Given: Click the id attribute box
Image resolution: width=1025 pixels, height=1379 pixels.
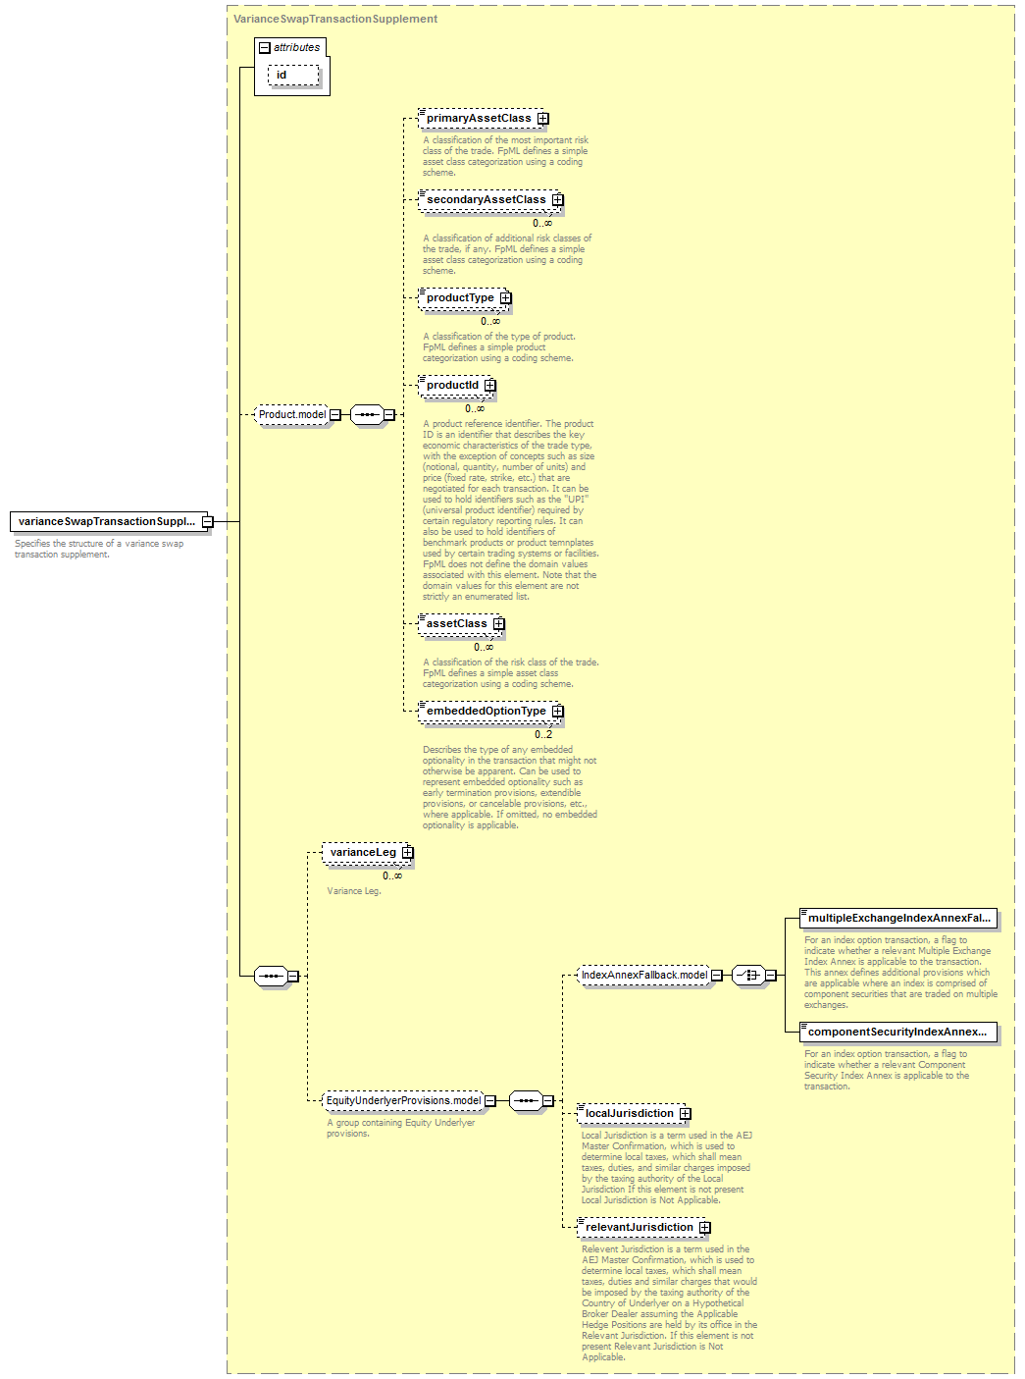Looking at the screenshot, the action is pos(293,76).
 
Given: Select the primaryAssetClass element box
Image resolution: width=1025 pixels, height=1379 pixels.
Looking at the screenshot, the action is pos(484,118).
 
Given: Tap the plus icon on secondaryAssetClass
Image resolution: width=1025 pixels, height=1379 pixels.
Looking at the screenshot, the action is pos(557,199).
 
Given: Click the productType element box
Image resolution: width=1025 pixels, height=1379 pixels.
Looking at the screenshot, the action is pos(465,297).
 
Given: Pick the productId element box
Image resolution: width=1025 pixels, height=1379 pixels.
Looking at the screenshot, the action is pos(457,386).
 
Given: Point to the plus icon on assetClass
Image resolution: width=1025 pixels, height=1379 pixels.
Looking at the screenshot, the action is pos(498,623).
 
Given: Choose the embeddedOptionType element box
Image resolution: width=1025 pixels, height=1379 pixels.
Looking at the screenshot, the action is pos(491,712).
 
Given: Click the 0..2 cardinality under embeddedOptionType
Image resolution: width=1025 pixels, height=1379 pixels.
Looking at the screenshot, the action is pos(543,734).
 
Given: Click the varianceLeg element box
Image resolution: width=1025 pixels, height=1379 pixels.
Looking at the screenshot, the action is pos(368,852).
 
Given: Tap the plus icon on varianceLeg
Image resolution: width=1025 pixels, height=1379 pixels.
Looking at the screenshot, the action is pos(407,852).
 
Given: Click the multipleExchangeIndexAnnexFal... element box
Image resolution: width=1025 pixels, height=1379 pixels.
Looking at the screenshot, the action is pos(898,919).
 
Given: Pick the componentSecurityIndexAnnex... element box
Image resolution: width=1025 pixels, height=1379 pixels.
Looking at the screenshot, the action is pos(898,1033).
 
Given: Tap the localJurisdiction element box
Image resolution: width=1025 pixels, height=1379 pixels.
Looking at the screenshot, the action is pos(634,1114).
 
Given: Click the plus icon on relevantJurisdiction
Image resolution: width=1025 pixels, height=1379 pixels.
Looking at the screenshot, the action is pos(704,1227).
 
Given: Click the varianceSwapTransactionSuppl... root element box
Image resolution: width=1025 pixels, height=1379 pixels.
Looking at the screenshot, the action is pos(109,521).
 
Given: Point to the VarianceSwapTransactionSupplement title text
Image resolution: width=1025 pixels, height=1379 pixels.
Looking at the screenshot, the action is pos(335,20).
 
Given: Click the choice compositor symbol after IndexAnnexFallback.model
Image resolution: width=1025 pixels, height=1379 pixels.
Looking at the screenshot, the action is pos(748,975).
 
